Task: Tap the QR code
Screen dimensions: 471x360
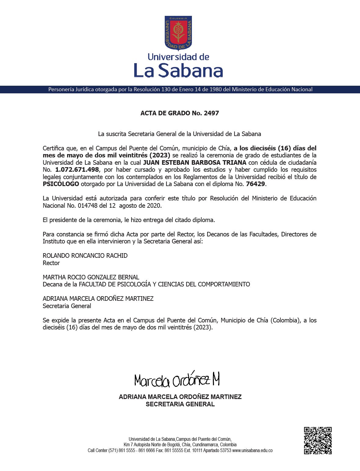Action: (x=318, y=440)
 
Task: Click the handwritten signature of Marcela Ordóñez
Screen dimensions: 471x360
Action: (x=177, y=380)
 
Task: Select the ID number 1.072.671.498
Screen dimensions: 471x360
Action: (x=77, y=170)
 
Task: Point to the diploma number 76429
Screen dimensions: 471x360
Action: (x=256, y=184)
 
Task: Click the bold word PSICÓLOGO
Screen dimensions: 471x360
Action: (x=61, y=184)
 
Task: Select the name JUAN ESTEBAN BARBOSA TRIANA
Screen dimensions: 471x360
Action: (x=195, y=162)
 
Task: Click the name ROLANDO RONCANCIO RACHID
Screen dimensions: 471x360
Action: (x=85, y=256)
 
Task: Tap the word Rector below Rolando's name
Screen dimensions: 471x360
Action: (x=51, y=263)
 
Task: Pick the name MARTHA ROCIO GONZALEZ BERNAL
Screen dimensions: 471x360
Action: (x=91, y=277)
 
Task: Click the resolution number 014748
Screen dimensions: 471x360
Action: (x=88, y=206)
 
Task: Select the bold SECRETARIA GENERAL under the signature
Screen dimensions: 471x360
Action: (x=180, y=404)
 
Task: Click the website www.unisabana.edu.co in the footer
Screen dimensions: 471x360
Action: (x=252, y=451)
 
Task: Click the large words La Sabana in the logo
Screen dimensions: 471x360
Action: (x=178, y=70)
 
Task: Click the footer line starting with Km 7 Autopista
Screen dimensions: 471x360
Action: (x=180, y=445)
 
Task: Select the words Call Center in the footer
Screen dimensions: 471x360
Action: (x=97, y=451)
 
